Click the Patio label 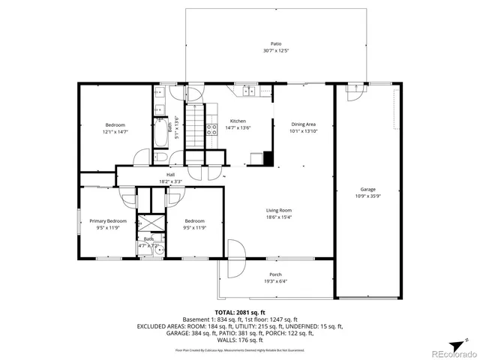click(x=277, y=44)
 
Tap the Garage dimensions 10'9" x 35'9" click(x=367, y=196)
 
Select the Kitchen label click(x=238, y=121)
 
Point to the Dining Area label click(x=303, y=124)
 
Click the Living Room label click(x=278, y=211)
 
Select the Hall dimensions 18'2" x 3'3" click(x=171, y=181)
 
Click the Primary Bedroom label click(x=108, y=221)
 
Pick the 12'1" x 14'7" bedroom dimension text click(x=115, y=131)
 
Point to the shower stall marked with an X click(x=148, y=224)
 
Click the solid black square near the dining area click(x=268, y=158)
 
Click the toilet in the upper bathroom click(x=160, y=157)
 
